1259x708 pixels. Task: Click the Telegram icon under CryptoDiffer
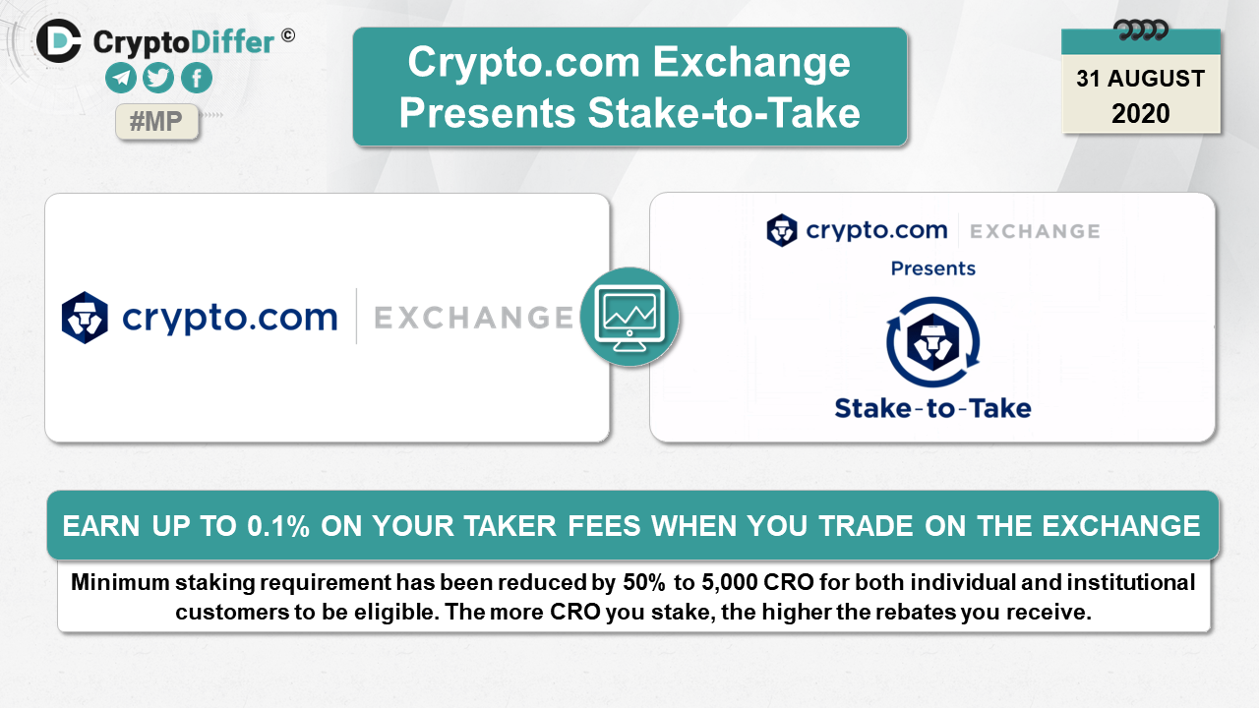pyautogui.click(x=121, y=78)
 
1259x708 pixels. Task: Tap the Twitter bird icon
pyautogui.click(x=158, y=78)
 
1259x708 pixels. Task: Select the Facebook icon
pyautogui.click(x=197, y=78)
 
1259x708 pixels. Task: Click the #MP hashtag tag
pyautogui.click(x=156, y=121)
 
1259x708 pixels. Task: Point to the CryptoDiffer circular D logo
pyautogui.click(x=59, y=41)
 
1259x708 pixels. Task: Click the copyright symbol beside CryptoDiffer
pyautogui.click(x=288, y=35)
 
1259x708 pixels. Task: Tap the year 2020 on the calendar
pyautogui.click(x=1140, y=113)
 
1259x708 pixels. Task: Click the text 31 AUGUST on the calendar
pyautogui.click(x=1140, y=79)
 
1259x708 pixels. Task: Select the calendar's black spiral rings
pyautogui.click(x=1140, y=30)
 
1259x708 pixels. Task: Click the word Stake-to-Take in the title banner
pyautogui.click(x=724, y=113)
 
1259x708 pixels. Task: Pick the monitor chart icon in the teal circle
pyautogui.click(x=629, y=318)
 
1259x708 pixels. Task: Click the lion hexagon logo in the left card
pyautogui.click(x=85, y=318)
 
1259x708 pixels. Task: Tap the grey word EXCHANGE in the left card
pyautogui.click(x=473, y=318)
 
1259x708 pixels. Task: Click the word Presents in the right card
pyautogui.click(x=933, y=268)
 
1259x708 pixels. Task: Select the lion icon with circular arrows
pyautogui.click(x=933, y=341)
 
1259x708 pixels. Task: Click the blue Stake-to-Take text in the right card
pyautogui.click(x=933, y=408)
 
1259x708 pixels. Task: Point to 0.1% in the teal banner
pyautogui.click(x=278, y=526)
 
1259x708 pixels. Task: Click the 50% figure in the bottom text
pyautogui.click(x=644, y=583)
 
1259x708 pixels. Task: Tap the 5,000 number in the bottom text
pyautogui.click(x=730, y=583)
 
